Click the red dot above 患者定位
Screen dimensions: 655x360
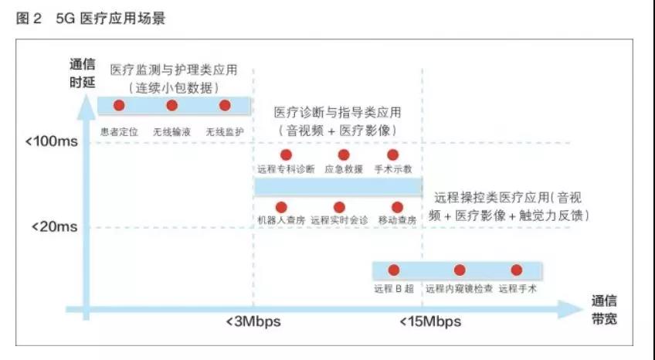coord(119,105)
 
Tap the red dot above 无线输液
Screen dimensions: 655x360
coord(171,105)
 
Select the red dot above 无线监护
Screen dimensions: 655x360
coord(225,105)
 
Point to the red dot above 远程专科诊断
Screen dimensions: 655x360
coord(286,155)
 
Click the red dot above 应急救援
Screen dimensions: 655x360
coord(344,155)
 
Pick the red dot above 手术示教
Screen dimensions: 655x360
coord(392,155)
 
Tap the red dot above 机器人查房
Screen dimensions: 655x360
coord(281,207)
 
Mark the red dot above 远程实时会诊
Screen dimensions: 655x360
coord(339,207)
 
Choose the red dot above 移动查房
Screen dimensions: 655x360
coord(397,207)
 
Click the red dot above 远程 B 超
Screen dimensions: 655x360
coord(393,270)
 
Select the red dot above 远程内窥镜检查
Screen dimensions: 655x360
coord(460,270)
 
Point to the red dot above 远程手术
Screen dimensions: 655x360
coord(516,270)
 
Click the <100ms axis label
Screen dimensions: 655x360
coord(52,141)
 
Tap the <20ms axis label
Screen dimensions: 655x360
coord(55,227)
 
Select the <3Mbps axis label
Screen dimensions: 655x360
coord(253,321)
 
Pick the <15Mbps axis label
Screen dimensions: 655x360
coord(430,321)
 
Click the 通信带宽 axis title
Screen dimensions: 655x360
coord(604,310)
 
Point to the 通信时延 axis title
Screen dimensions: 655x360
coord(83,73)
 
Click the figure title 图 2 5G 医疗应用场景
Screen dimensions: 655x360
coord(90,19)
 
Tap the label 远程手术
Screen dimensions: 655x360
coord(518,289)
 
